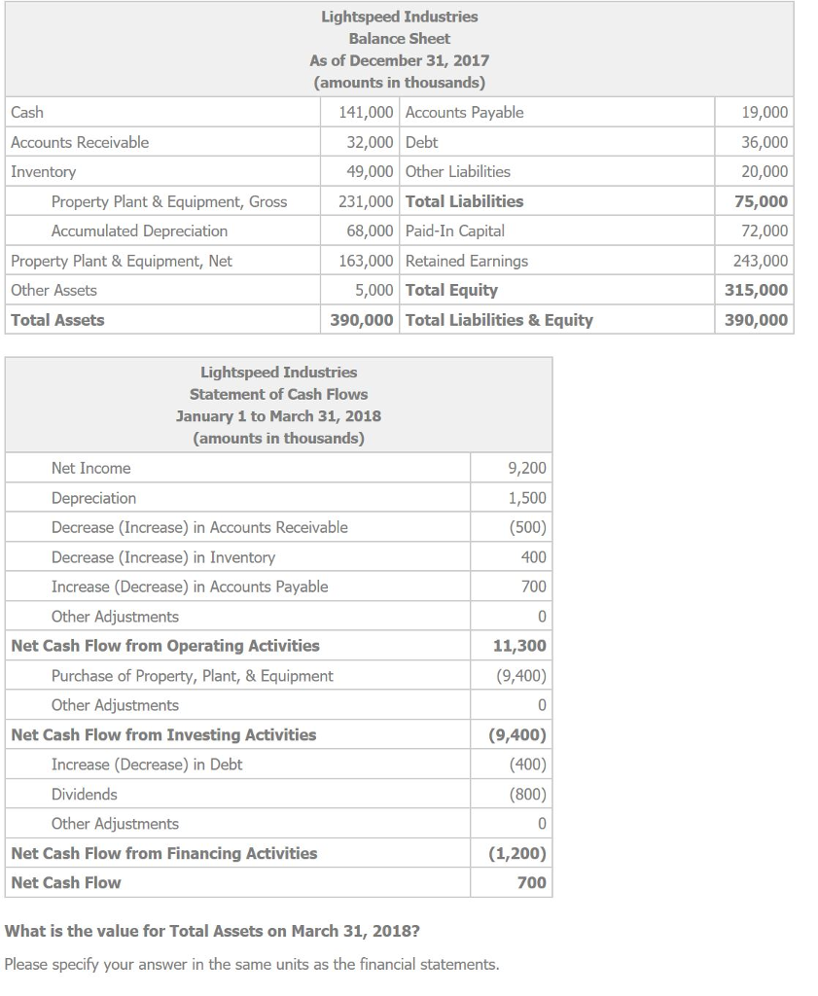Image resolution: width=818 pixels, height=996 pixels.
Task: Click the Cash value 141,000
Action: (x=366, y=113)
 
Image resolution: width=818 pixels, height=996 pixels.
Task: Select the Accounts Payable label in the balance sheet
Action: (x=464, y=113)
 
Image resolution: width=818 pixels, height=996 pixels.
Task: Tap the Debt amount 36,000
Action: (x=765, y=142)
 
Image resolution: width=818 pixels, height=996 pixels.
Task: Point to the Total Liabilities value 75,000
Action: (x=765, y=201)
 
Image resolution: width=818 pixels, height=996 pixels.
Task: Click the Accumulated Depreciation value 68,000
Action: (x=370, y=231)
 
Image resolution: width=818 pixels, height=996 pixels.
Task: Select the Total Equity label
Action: (x=451, y=290)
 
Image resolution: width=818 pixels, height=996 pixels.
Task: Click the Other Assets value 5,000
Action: (x=373, y=290)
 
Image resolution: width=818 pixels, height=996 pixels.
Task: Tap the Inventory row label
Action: (x=43, y=172)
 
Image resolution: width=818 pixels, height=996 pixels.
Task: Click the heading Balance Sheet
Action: (x=399, y=39)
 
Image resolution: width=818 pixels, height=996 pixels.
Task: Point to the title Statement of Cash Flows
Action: (x=278, y=394)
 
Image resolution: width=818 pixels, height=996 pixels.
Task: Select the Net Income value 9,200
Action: (x=527, y=469)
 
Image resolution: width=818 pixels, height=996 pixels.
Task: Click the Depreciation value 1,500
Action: (x=527, y=498)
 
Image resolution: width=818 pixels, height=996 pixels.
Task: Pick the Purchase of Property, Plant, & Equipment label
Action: (x=192, y=676)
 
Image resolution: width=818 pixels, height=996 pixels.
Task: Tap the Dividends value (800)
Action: (x=527, y=795)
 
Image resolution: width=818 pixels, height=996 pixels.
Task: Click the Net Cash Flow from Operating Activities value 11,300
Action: (x=520, y=646)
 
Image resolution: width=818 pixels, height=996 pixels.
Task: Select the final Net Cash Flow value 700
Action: (x=532, y=883)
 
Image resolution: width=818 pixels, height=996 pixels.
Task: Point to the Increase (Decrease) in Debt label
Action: (x=147, y=765)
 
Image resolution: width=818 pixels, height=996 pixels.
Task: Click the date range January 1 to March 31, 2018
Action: (x=278, y=416)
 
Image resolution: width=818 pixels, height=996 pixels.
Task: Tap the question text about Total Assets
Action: (x=212, y=931)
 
